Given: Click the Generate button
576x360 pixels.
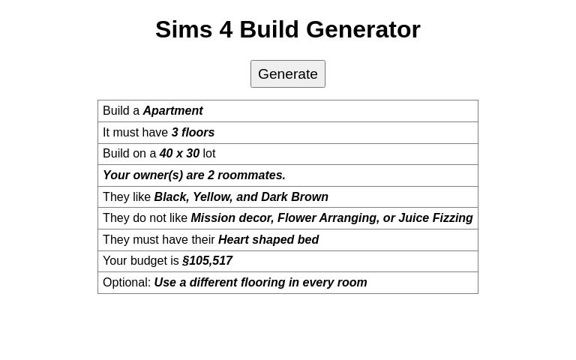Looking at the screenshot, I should pyautogui.click(x=288, y=73).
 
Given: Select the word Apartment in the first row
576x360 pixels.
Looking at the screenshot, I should pyautogui.click(x=172, y=111).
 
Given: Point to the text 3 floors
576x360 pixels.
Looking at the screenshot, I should pyautogui.click(x=193, y=133).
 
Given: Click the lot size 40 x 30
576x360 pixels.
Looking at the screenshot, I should pyautogui.click(x=179, y=154).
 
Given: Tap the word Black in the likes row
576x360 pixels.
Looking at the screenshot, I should pyautogui.click(x=170, y=197).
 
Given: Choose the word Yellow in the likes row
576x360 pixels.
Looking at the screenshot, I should pyautogui.click(x=211, y=197).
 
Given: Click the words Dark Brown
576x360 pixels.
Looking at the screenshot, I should pyautogui.click(x=295, y=197).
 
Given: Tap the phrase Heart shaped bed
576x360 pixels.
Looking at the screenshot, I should pyautogui.click(x=268, y=240).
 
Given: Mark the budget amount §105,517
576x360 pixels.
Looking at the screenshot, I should pyautogui.click(x=207, y=261).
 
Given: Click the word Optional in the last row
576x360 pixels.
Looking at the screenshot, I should pyautogui.click(x=125, y=283).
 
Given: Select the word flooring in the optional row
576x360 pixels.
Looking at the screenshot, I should pyautogui.click(x=262, y=283).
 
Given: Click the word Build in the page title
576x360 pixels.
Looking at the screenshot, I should pyautogui.click(x=269, y=30).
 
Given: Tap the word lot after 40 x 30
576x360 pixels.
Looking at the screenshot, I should pyautogui.click(x=208, y=154).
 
